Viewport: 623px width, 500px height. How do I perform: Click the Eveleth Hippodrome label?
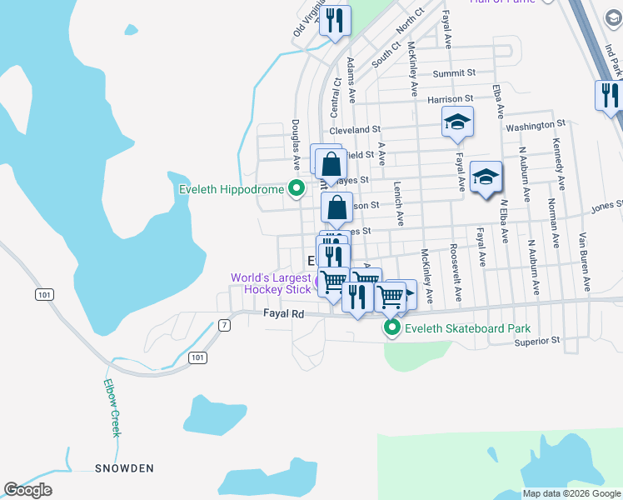pos(232,190)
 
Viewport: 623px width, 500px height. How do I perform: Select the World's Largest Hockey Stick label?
pos(270,283)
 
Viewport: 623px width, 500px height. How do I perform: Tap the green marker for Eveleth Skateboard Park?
pos(392,329)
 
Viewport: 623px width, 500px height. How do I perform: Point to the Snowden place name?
pos(124,468)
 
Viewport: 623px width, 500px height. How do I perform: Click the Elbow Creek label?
pos(113,407)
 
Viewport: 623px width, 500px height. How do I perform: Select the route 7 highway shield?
pos(223,324)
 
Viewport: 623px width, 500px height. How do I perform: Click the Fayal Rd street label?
pos(287,314)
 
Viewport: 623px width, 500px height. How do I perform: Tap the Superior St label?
pos(536,341)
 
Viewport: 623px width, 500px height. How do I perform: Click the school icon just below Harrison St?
pos(457,122)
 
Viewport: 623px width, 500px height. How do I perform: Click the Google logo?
pos(27,490)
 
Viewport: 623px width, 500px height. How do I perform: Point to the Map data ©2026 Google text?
pos(571,493)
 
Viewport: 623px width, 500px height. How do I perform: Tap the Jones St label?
pos(607,205)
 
